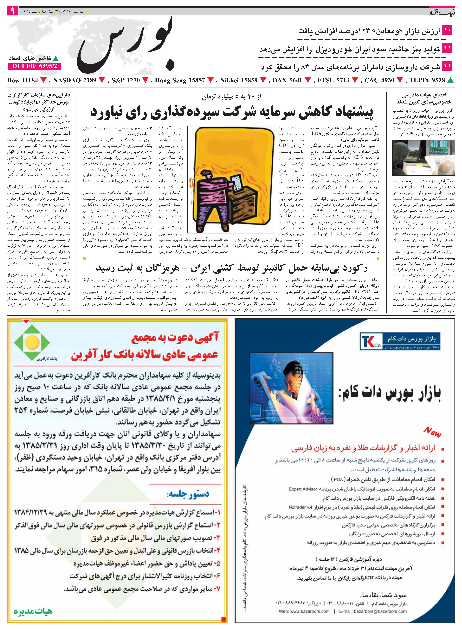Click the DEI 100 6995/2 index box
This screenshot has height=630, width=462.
click(35, 66)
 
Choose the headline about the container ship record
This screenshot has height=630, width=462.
click(232, 268)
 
